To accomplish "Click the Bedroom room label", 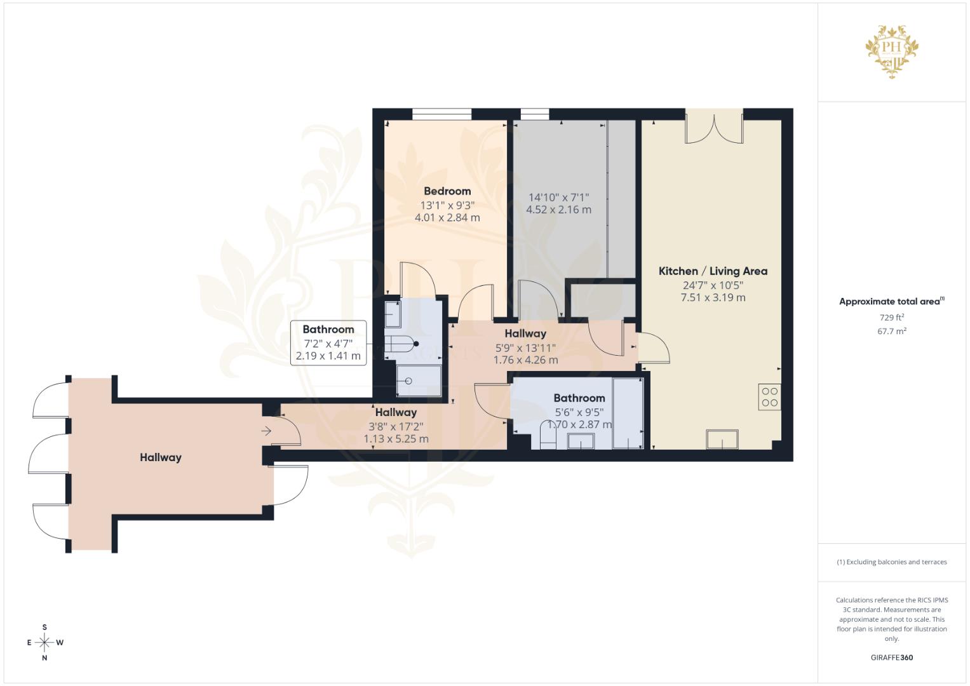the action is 447,191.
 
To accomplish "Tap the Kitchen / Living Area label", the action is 713,271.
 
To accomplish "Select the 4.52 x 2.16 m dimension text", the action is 558,210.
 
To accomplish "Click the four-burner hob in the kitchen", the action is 769,397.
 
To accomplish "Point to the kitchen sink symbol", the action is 722,439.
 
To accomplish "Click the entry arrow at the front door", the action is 266,431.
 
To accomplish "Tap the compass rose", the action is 44,642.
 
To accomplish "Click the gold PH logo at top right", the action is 892,51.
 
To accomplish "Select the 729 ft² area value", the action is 892,318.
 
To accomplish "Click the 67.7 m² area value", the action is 892,332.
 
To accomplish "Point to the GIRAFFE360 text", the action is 892,657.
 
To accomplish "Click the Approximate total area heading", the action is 892,302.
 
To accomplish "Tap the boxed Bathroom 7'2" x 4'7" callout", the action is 328,342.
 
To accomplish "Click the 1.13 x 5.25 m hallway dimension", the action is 396,439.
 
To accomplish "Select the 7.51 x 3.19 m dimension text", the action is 713,297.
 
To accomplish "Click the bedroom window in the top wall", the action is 441,114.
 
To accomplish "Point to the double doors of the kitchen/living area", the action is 714,126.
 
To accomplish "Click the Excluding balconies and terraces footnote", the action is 892,562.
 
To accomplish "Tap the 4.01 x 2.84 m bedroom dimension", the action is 447,217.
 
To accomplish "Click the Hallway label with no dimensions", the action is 160,457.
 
